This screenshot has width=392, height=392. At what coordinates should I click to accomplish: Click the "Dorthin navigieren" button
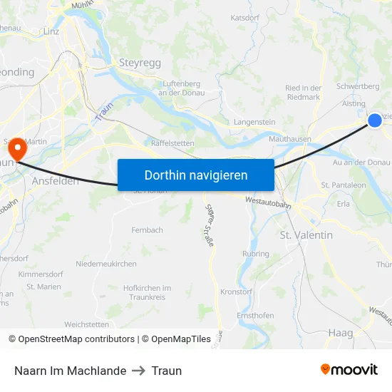(x=195, y=175)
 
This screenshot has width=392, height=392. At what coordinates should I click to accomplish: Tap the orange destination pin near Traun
(x=16, y=149)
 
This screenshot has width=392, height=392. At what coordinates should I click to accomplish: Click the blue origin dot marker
(x=375, y=121)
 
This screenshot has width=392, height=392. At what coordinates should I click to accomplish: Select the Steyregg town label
(x=140, y=63)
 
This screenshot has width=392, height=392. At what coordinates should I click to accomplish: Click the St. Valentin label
(x=306, y=234)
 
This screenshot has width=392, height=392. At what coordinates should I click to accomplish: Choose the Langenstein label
(x=254, y=122)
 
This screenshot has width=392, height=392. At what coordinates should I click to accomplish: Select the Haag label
(x=341, y=333)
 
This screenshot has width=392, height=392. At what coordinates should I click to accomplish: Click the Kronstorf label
(x=237, y=292)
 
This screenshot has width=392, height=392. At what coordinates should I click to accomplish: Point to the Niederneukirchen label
(x=105, y=264)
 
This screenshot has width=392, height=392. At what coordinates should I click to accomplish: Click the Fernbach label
(x=147, y=230)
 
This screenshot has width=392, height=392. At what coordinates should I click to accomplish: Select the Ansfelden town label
(x=56, y=182)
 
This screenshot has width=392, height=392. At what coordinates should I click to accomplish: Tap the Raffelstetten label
(x=173, y=143)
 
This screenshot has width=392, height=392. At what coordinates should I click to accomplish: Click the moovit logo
(x=349, y=370)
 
